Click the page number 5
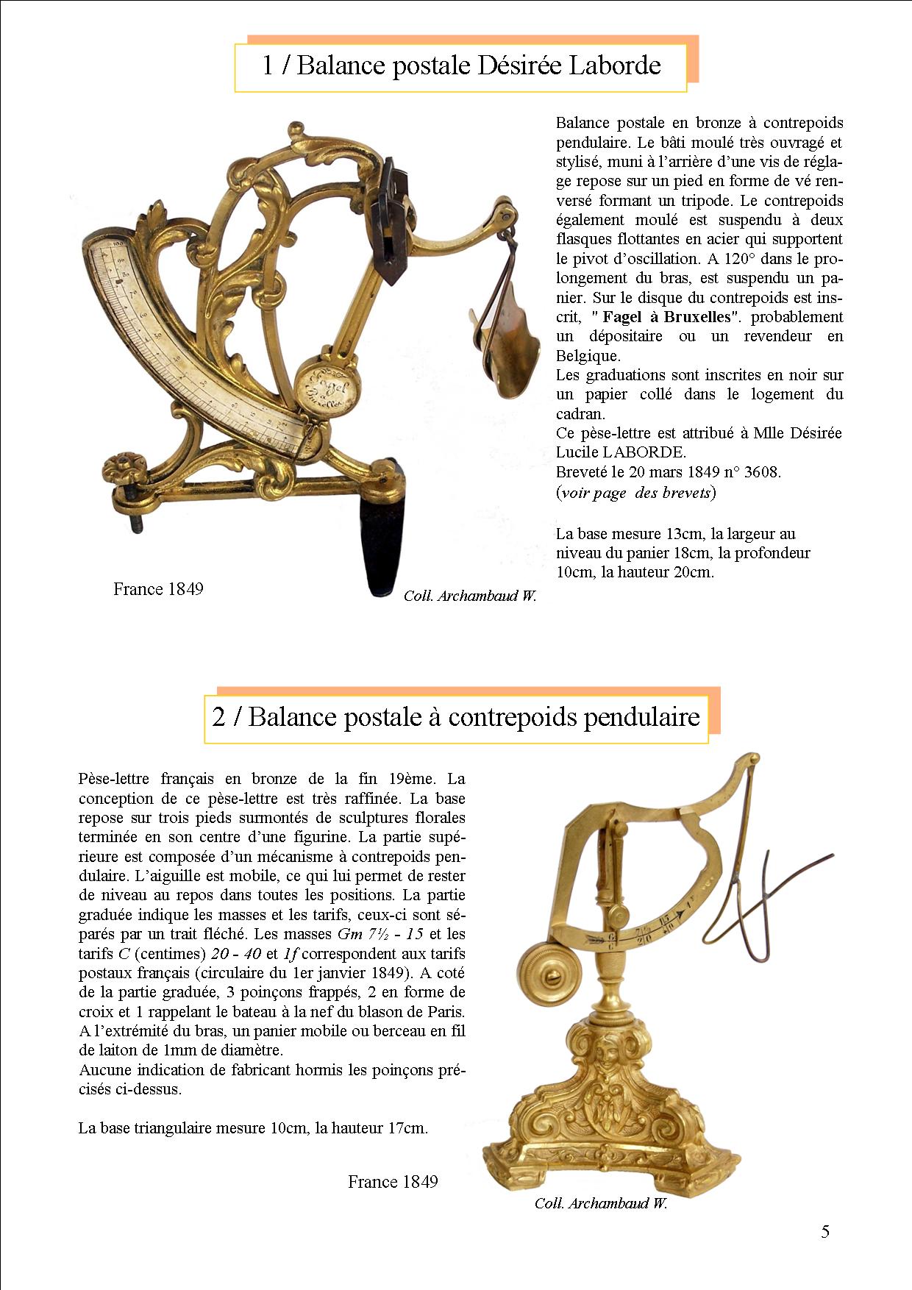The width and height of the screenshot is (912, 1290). pyautogui.click(x=825, y=1231)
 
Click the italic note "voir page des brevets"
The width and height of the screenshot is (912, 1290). pyautogui.click(x=635, y=492)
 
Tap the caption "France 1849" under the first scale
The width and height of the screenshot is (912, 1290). pyautogui.click(x=158, y=588)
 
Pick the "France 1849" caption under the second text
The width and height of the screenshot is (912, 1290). pyautogui.click(x=393, y=1181)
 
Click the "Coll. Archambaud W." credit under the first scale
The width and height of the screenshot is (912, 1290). pyautogui.click(x=470, y=596)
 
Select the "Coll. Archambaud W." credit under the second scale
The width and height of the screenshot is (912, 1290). pyautogui.click(x=601, y=1203)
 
